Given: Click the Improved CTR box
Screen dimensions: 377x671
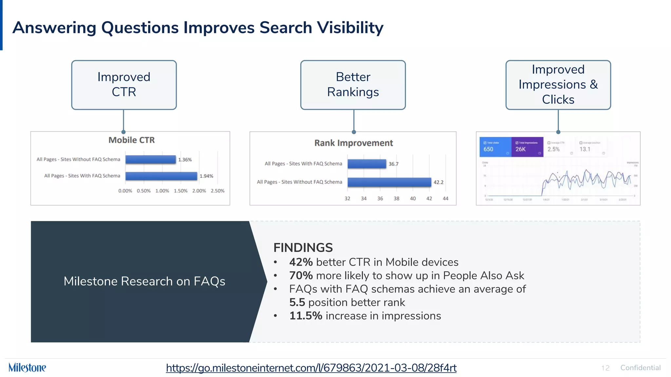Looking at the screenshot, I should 124,85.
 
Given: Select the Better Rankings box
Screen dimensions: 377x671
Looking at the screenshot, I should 353,85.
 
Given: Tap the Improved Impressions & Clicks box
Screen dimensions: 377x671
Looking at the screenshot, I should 558,85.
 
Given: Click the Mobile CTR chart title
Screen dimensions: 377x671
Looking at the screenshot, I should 131,140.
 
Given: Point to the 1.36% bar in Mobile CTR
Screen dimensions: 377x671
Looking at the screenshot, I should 150,159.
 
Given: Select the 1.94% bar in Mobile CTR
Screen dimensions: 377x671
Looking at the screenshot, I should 161,176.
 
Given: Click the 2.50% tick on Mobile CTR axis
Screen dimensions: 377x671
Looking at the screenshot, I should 218,191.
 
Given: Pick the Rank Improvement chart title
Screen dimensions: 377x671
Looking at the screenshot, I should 354,143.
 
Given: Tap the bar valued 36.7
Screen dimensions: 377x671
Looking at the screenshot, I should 367,164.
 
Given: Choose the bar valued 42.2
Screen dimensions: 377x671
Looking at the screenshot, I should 389,182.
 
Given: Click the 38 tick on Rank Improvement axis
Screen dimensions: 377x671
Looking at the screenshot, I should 396,199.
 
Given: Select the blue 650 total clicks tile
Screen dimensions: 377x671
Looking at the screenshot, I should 495,147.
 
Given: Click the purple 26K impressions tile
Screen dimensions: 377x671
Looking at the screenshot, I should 527,147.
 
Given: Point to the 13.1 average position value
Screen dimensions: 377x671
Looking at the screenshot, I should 585,149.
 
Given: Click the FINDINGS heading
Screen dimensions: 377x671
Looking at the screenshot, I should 303,248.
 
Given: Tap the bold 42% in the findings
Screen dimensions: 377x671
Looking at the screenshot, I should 301,262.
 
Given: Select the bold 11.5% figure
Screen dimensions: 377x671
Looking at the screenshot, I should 305,316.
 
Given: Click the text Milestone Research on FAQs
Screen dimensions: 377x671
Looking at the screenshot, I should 144,281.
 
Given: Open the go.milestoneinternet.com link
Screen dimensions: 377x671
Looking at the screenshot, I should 311,368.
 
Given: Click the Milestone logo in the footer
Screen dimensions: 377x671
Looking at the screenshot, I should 27,368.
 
